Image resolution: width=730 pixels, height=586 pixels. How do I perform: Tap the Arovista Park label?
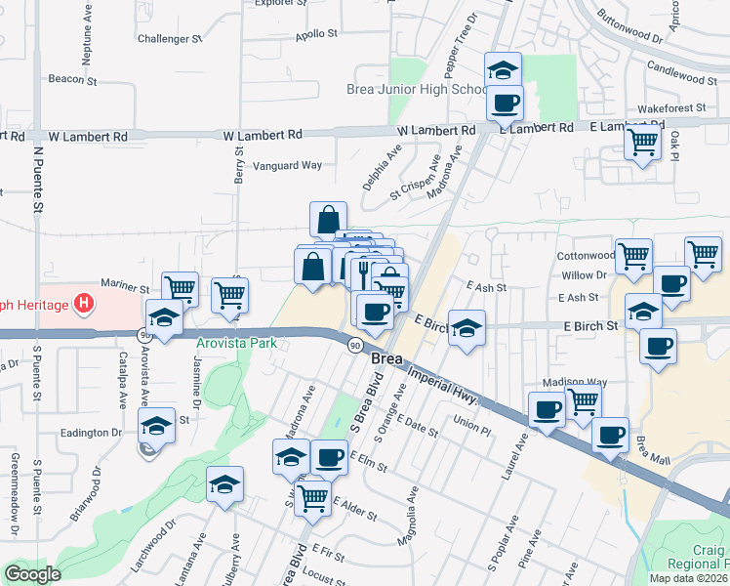tap(237, 343)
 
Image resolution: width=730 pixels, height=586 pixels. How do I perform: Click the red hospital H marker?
tap(85, 305)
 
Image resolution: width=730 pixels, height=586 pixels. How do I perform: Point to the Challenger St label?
tap(169, 39)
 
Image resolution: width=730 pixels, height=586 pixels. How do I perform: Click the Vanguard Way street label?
tap(288, 165)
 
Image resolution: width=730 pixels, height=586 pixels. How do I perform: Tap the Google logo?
tap(33, 574)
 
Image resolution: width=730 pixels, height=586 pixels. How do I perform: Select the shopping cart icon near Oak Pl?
tap(643, 143)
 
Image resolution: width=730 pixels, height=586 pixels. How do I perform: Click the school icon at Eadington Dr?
tap(156, 426)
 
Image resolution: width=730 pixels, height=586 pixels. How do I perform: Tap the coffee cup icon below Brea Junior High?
tap(505, 103)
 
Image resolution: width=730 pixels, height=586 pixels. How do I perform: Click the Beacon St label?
tap(67, 79)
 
